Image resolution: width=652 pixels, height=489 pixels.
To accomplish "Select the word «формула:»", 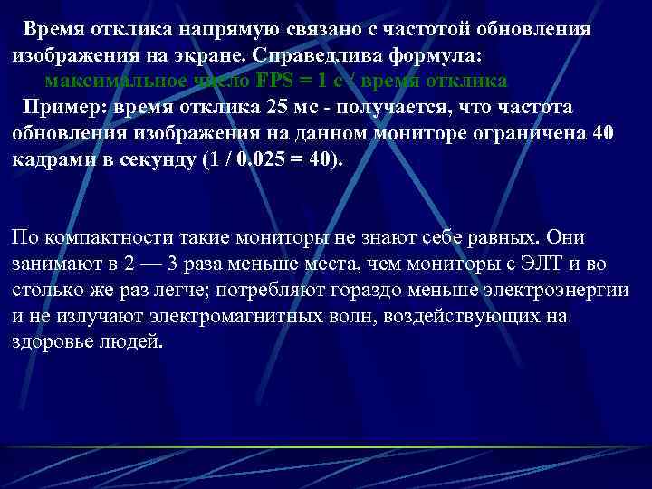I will click(443, 55).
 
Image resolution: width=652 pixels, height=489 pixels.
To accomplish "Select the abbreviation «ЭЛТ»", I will click(540, 264).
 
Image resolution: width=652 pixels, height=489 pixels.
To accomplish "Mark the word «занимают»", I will click(53, 264).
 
